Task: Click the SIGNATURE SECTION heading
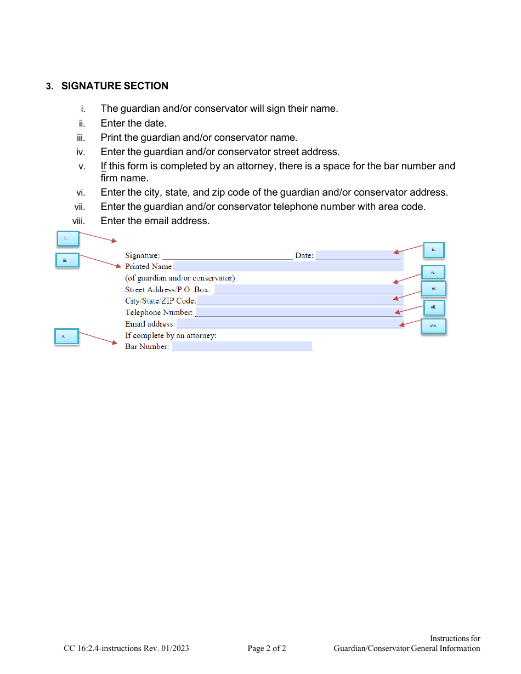(x=115, y=86)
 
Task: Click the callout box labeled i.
(x=69, y=238)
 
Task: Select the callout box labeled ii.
(x=433, y=250)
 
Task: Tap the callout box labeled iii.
(x=67, y=260)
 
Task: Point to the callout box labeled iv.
(x=433, y=272)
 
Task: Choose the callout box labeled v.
(x=66, y=336)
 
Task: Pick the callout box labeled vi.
(x=434, y=288)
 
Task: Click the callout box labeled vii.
(x=433, y=307)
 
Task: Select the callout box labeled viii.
(x=434, y=327)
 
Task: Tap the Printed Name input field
(x=288, y=267)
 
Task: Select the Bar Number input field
(x=242, y=347)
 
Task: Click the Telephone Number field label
(x=159, y=313)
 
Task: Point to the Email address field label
(x=150, y=324)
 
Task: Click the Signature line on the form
(x=227, y=255)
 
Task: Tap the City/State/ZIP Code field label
(x=160, y=301)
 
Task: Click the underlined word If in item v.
(x=104, y=166)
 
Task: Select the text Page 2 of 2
(x=267, y=649)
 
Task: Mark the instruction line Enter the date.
(x=134, y=123)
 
